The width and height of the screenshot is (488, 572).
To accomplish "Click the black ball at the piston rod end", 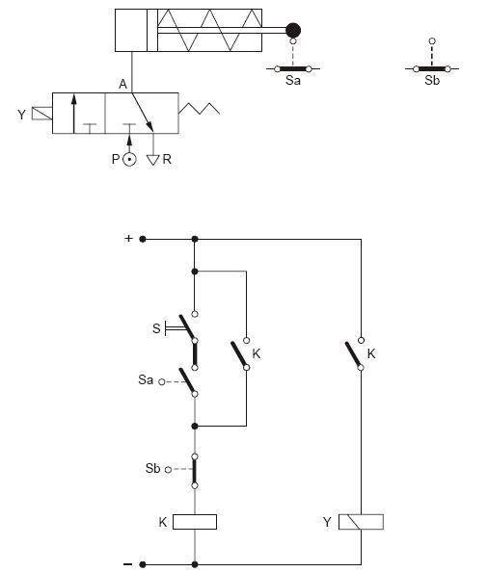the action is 293,30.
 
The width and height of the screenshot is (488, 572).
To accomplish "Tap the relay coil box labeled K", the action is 195,522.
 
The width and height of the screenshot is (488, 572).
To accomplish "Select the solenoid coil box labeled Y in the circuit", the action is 361,522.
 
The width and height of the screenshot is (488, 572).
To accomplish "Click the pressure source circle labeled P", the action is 129,160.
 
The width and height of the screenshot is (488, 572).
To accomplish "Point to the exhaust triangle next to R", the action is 153,160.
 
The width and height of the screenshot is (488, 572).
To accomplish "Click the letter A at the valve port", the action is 123,85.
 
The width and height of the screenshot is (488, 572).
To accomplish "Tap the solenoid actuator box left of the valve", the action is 42,114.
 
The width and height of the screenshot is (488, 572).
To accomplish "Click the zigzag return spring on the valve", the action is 199,109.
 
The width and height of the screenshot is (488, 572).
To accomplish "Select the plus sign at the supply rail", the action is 128,238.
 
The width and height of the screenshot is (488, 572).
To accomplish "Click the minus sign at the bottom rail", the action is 128,564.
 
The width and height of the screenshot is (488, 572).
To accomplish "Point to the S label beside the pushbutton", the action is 156,328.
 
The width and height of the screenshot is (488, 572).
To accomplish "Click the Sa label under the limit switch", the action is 293,80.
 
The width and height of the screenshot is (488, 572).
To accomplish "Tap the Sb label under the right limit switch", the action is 432,80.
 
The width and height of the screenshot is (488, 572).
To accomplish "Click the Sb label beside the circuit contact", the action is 152,468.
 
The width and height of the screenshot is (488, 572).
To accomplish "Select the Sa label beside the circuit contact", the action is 146,379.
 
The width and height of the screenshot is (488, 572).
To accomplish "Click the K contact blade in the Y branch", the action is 353,354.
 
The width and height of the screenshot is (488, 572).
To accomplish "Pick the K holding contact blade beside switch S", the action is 239,354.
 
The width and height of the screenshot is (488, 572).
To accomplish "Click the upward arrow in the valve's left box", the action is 74,114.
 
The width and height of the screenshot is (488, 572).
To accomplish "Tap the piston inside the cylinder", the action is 152,30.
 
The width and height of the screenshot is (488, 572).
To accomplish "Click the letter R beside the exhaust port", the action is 167,159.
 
